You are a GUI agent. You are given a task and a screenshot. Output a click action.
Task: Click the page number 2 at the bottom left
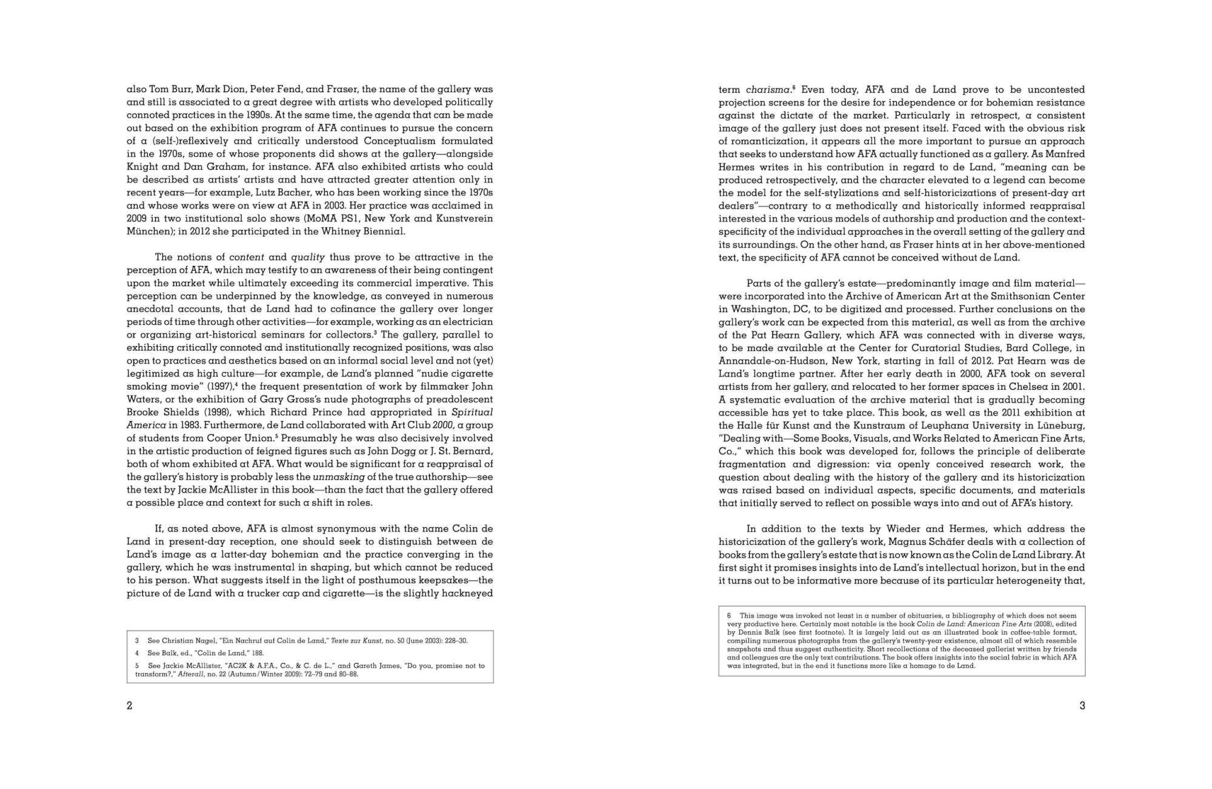pos(129,705)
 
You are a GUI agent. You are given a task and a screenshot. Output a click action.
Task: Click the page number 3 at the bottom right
pos(1082,705)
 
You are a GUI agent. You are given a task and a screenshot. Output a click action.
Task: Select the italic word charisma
pos(768,90)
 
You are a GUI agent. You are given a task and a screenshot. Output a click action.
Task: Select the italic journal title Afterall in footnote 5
pos(189,674)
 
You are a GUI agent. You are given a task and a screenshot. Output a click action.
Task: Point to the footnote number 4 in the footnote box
pos(138,653)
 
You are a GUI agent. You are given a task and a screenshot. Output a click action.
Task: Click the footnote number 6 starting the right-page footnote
pos(729,616)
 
